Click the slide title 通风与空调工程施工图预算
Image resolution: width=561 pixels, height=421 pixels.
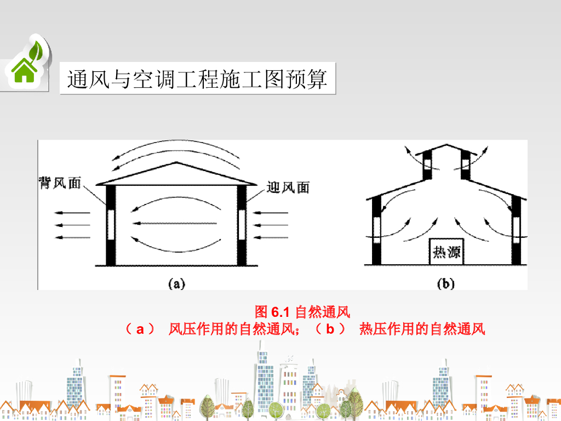197,79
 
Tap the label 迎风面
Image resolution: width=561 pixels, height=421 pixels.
288,187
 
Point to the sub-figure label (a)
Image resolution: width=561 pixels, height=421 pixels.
176,283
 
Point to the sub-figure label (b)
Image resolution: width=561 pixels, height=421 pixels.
446,283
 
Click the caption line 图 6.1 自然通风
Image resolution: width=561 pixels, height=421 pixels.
302,312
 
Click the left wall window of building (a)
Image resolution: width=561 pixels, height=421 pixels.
111,225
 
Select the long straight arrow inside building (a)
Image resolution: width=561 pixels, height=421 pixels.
176,223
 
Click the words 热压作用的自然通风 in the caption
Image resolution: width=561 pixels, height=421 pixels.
422,329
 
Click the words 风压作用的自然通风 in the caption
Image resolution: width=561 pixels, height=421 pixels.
233,329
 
